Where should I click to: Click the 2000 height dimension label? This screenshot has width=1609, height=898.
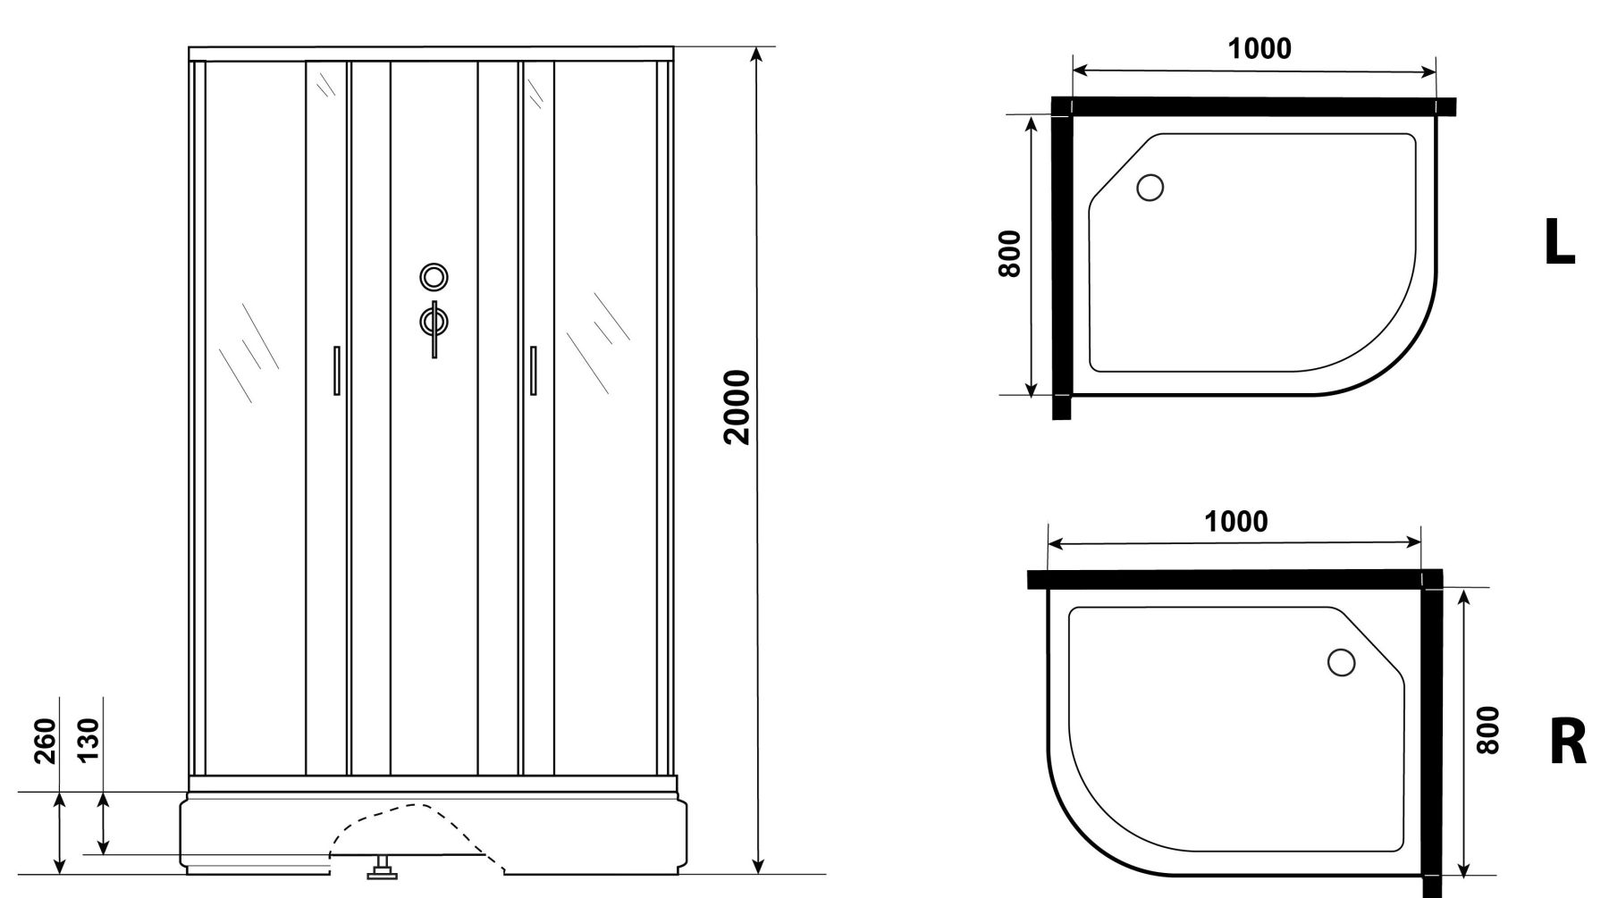coord(737,407)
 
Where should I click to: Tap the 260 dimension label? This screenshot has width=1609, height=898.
coord(45,741)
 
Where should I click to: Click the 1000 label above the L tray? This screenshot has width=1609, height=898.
coord(1259,49)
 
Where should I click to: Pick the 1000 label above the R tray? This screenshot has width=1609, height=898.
coord(1235,522)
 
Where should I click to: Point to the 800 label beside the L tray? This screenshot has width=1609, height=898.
coord(1009,254)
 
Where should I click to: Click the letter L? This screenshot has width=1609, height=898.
coord(1559,243)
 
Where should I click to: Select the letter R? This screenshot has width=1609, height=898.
coord(1568,743)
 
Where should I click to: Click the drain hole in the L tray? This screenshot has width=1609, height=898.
coord(1150,188)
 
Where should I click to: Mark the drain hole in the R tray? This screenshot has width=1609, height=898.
coord(1341,662)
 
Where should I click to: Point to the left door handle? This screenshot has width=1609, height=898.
coord(336,370)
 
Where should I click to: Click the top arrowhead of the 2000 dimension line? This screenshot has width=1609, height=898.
coord(757,54)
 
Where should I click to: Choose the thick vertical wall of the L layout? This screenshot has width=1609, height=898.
coord(1061,259)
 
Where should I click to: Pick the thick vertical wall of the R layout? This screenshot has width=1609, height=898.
coord(1432,733)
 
